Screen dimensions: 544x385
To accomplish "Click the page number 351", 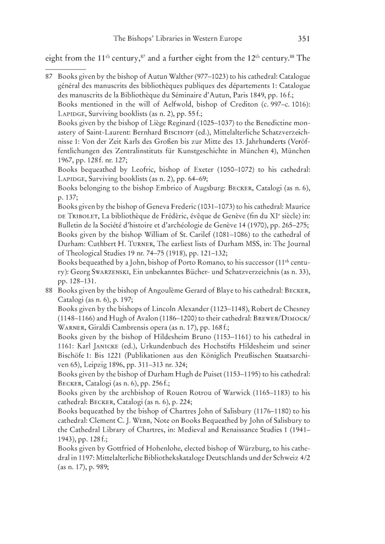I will [x=305, y=39].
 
